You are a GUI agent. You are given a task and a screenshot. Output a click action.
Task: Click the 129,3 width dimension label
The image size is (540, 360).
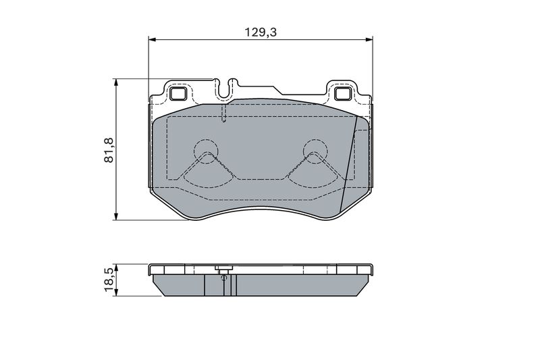[x=261, y=32]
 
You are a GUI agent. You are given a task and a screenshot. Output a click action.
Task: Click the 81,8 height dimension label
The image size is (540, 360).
[x=109, y=150]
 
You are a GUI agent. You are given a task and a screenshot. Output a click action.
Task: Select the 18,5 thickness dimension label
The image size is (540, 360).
[x=109, y=280]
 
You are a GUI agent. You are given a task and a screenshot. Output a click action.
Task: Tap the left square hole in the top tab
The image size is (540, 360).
[x=178, y=93]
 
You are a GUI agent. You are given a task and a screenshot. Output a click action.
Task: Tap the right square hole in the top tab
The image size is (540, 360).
[x=343, y=93]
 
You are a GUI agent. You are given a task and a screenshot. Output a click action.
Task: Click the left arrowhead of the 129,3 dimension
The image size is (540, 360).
[x=153, y=40]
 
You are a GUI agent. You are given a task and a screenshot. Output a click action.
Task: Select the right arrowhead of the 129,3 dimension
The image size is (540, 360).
[x=369, y=40]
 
